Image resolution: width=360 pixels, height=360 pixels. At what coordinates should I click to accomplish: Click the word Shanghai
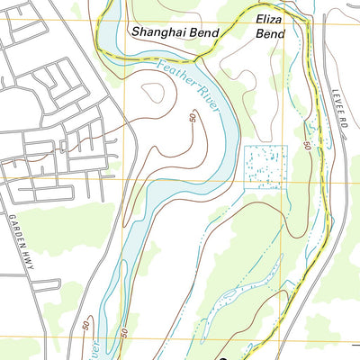tap(159, 31)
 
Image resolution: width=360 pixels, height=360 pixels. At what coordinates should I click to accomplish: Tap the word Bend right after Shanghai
tap(208, 31)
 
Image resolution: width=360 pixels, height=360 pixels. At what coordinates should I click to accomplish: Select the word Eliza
tap(269, 18)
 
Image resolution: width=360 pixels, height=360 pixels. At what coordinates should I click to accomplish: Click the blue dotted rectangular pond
tap(265, 166)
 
